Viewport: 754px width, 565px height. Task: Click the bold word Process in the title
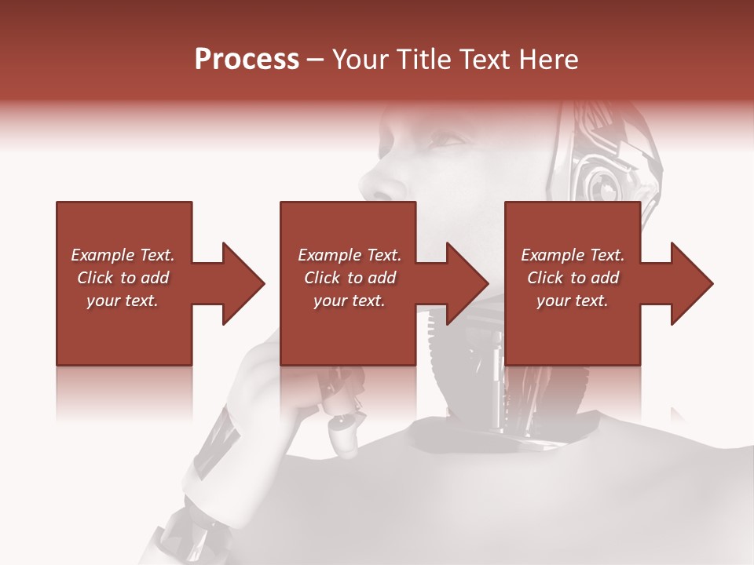coord(247,60)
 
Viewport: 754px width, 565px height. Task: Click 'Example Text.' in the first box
coord(123,255)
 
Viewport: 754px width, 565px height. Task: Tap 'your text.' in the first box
coord(123,301)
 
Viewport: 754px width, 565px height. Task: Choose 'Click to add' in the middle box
coord(350,278)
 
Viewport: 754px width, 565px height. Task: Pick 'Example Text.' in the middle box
coord(350,255)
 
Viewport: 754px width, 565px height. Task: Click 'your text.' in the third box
coord(573,301)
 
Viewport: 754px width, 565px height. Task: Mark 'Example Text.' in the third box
coord(573,255)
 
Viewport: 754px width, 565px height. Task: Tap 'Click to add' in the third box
coord(573,278)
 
